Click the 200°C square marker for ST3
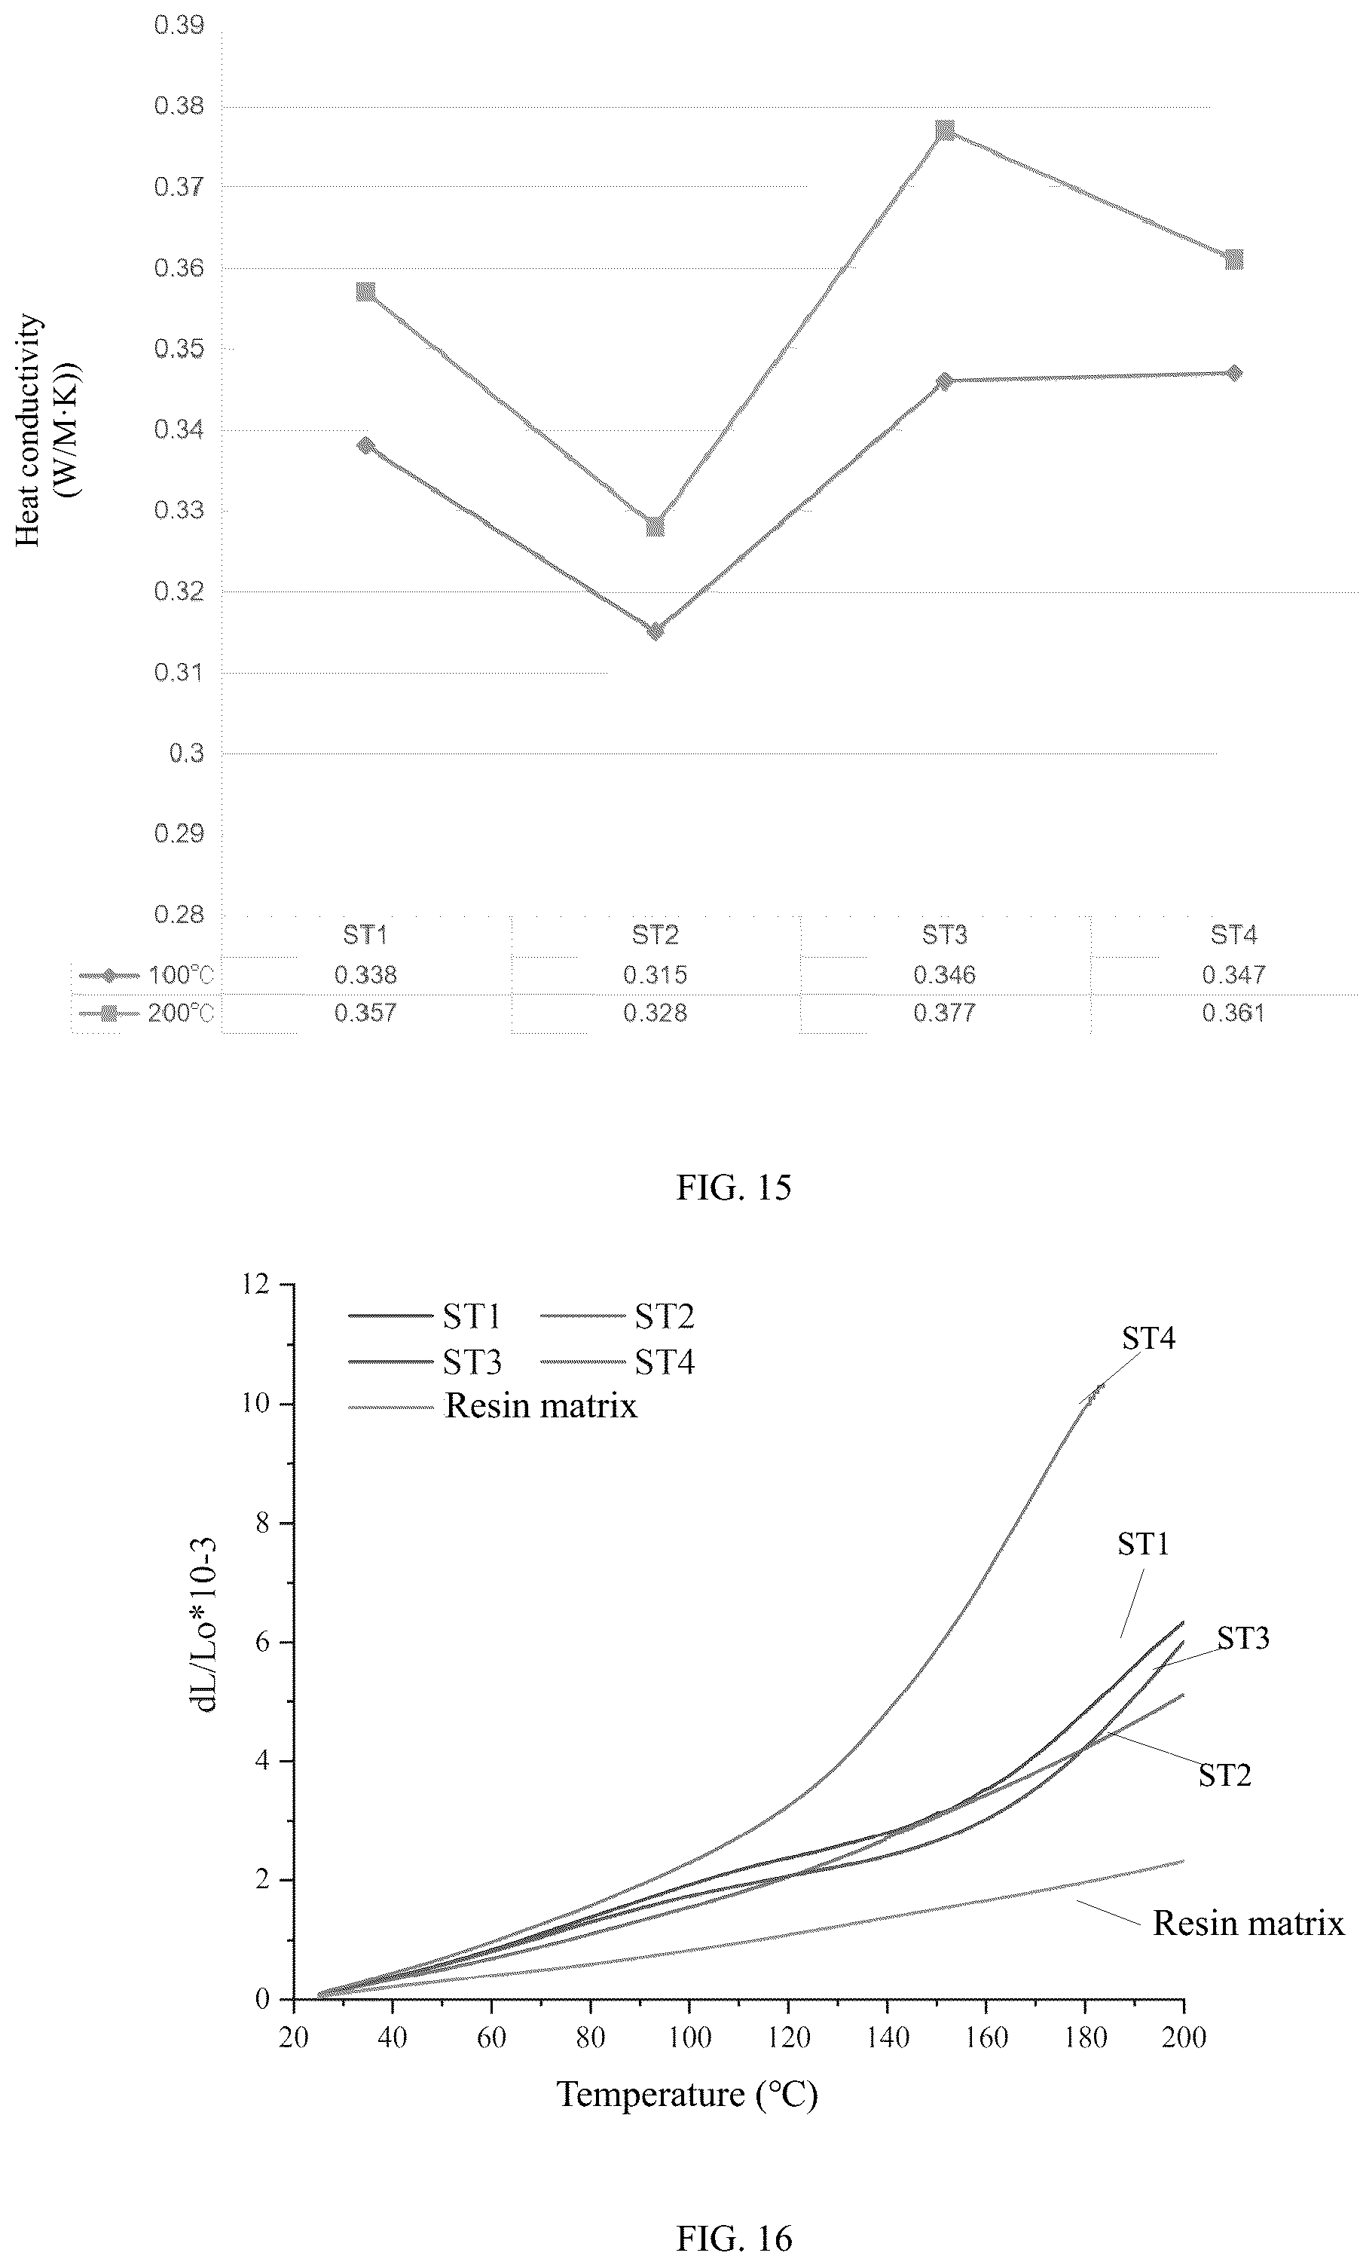click(x=945, y=131)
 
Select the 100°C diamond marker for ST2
click(x=656, y=631)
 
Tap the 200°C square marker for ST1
click(x=365, y=292)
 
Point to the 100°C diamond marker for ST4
click(x=1234, y=373)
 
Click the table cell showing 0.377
click(x=945, y=1013)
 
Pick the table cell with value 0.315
click(x=656, y=975)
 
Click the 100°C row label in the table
click(x=181, y=975)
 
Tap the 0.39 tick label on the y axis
click(x=179, y=26)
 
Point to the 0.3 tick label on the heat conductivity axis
click(x=186, y=753)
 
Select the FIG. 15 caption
click(x=734, y=1188)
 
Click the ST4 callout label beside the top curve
click(x=1148, y=1339)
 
